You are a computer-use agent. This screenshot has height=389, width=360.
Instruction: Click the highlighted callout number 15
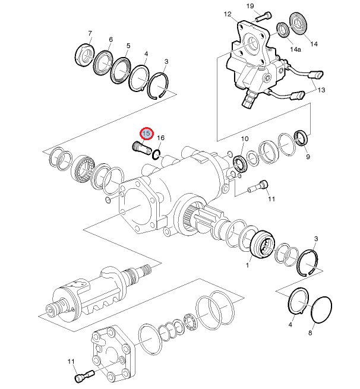tap(146, 134)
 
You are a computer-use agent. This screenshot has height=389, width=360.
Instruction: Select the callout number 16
tap(161, 138)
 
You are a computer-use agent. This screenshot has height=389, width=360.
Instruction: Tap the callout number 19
tap(250, 6)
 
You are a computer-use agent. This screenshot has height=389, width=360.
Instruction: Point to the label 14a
tap(295, 49)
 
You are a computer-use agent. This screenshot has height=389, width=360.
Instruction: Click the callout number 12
tap(228, 14)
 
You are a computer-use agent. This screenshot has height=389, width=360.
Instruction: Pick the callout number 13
tap(321, 90)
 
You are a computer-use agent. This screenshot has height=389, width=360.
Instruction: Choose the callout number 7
tap(90, 33)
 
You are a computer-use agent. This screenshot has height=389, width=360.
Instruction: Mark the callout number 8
tap(310, 333)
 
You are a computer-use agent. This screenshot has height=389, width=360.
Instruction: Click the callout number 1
tap(247, 265)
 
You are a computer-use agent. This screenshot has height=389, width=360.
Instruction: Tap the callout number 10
tap(245, 138)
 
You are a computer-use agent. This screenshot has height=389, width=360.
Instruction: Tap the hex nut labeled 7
tap(84, 55)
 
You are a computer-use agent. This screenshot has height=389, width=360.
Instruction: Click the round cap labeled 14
tap(299, 24)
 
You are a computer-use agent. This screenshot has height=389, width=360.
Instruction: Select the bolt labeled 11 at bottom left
tap(84, 375)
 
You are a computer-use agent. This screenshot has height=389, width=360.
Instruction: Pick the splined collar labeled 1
tap(263, 245)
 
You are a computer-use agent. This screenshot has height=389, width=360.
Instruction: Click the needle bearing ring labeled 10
tap(240, 164)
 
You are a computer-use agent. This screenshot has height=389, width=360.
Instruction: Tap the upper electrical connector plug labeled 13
tap(316, 75)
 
